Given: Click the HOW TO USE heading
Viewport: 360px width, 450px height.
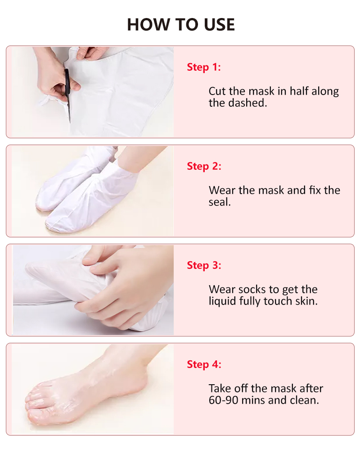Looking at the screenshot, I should click(181, 24).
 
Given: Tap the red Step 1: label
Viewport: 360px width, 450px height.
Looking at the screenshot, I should click(204, 67).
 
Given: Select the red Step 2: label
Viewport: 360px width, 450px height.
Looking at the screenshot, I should click(204, 166).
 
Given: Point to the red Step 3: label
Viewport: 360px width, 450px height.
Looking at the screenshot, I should click(204, 265).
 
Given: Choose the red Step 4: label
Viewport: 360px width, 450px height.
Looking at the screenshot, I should click(204, 364).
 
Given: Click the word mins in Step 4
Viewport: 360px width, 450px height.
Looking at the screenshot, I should click(258, 400).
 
